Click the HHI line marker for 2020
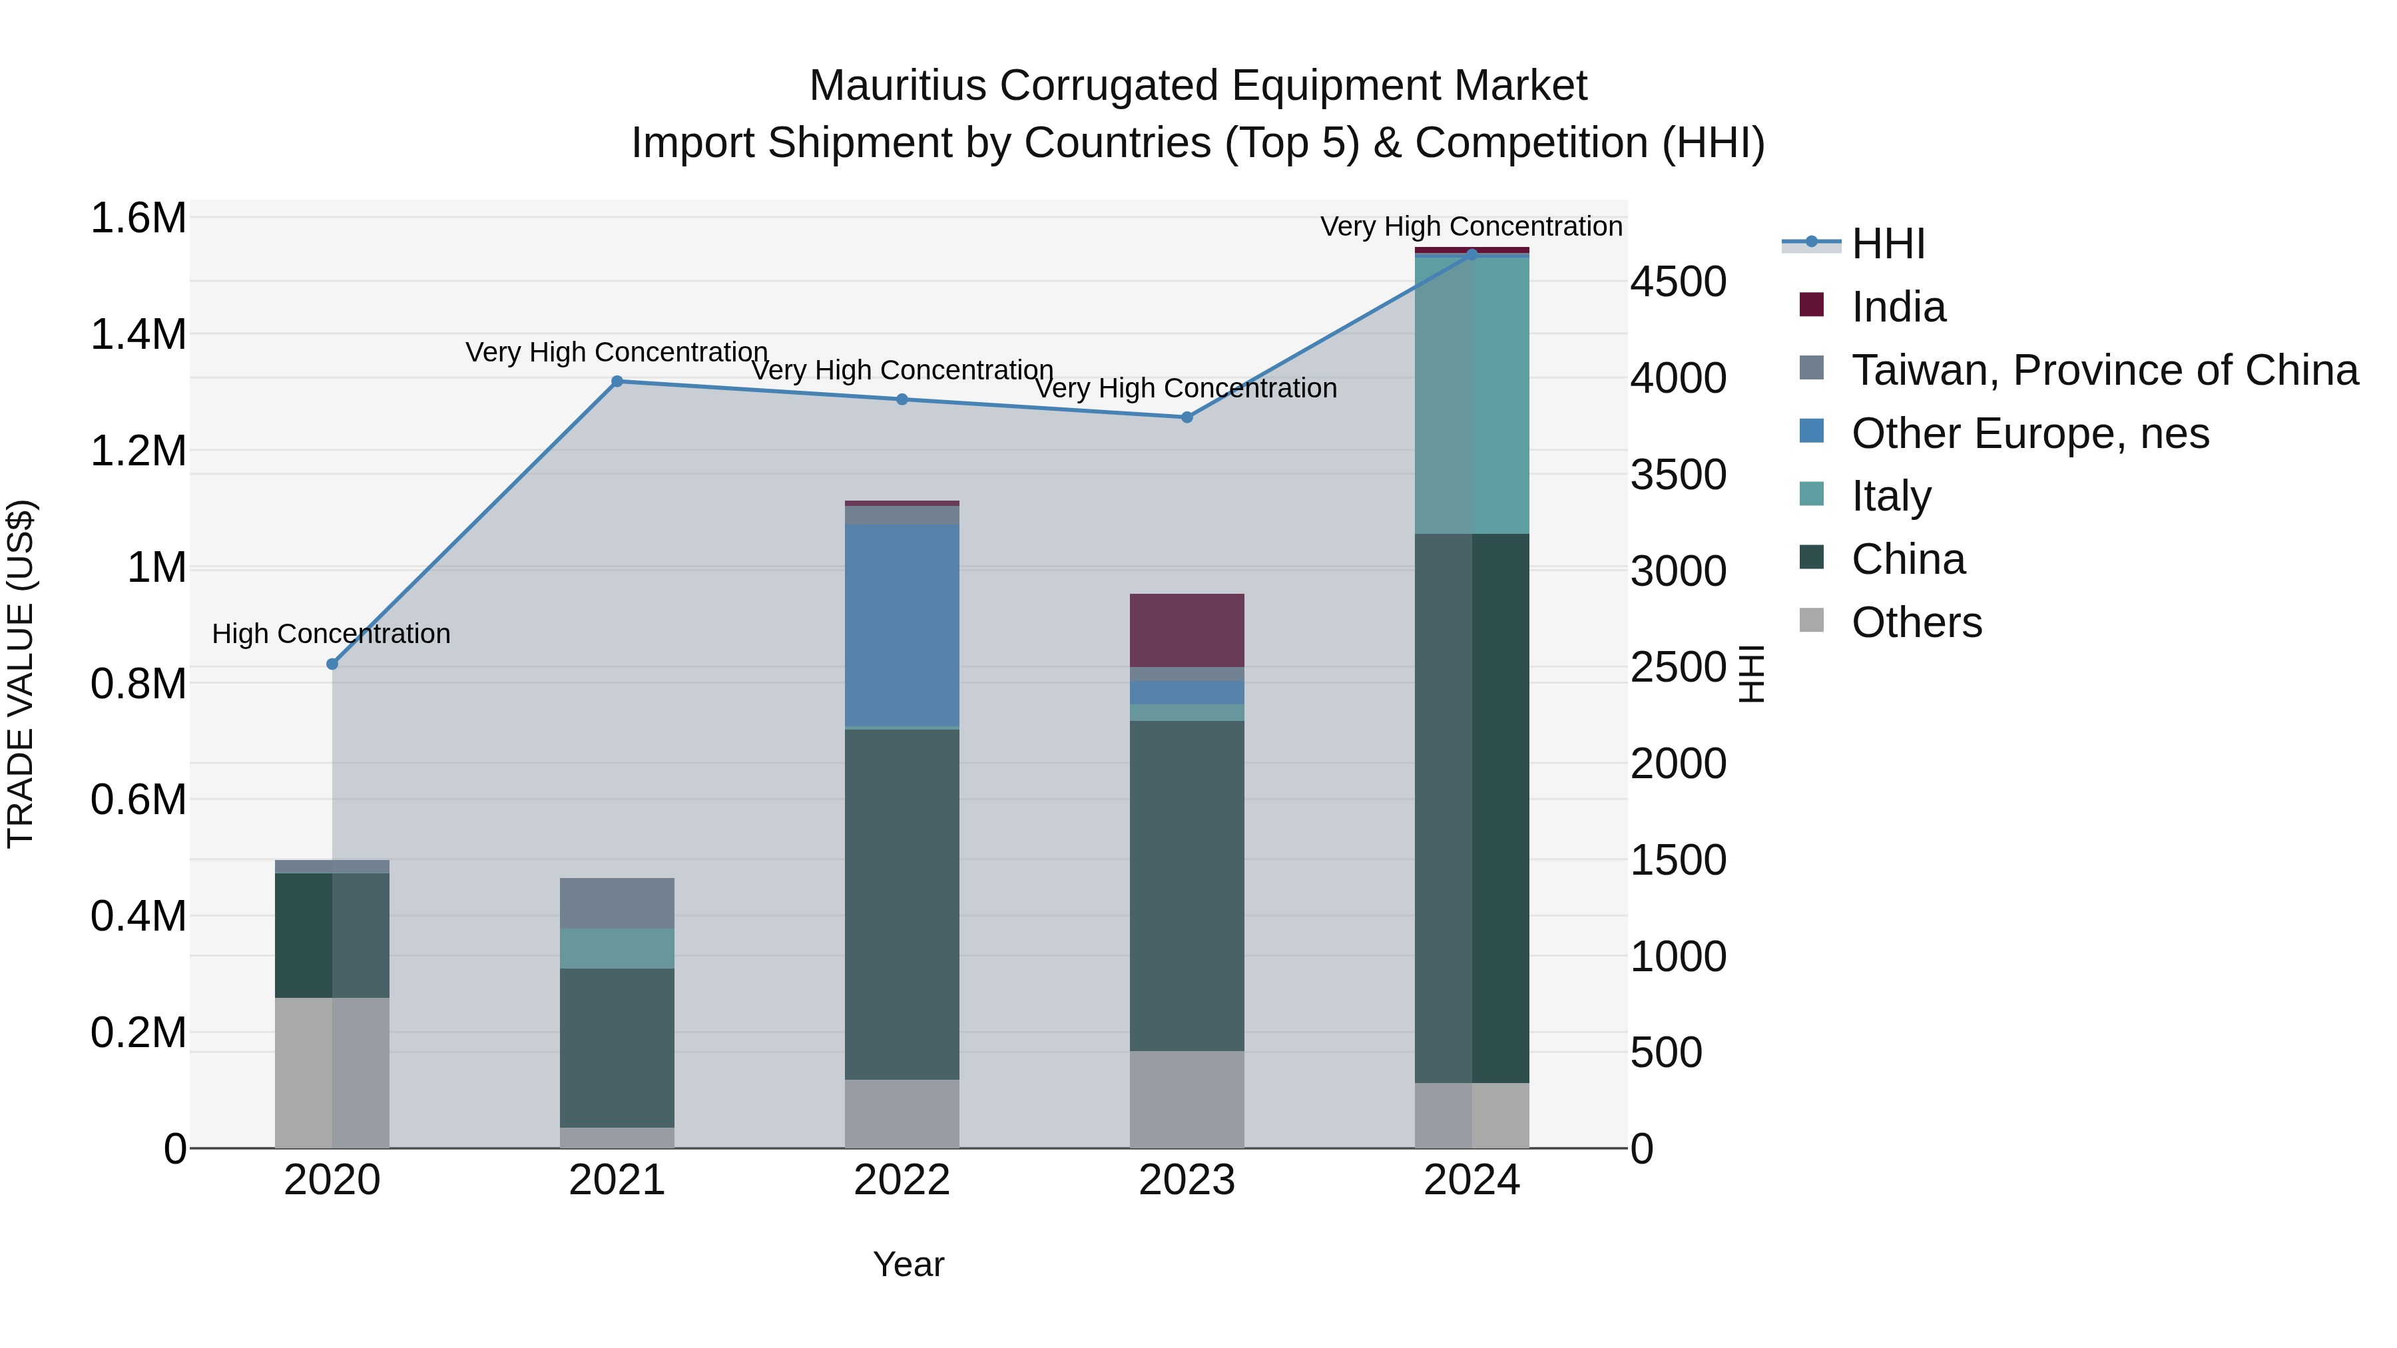[x=332, y=664]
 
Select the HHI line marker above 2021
[x=617, y=381]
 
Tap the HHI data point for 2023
[x=1187, y=417]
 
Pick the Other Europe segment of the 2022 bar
[x=902, y=625]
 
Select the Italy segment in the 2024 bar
[x=1472, y=395]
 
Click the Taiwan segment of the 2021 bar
[x=617, y=903]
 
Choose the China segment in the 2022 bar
[x=902, y=904]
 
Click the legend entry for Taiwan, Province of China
[x=2104, y=370]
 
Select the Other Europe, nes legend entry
[x=2029, y=433]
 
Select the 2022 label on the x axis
[x=902, y=1180]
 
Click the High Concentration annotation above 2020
[x=332, y=634]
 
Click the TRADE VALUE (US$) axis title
[x=21, y=674]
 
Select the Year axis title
[x=908, y=1264]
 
